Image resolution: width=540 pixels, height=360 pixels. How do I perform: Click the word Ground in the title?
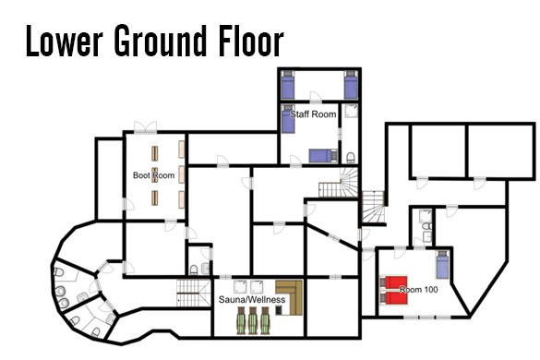(x=160, y=41)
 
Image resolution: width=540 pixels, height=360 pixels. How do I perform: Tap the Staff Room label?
(x=313, y=114)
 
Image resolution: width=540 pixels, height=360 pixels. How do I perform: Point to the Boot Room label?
(x=153, y=175)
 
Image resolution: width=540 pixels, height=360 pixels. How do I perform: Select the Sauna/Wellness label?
(x=252, y=300)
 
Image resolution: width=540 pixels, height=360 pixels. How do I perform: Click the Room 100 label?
(x=419, y=289)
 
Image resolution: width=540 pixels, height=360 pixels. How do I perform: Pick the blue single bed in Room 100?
(x=443, y=265)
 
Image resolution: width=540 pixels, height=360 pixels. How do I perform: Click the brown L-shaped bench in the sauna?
(x=290, y=297)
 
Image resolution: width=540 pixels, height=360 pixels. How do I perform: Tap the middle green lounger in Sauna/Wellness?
(x=253, y=320)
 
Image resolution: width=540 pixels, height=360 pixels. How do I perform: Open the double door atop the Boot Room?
(x=145, y=127)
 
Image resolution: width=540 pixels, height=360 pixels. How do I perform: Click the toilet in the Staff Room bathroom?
(x=350, y=158)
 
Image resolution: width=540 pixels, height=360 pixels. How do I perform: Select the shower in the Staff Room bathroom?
(x=351, y=111)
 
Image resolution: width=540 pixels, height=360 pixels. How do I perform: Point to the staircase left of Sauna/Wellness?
(x=194, y=294)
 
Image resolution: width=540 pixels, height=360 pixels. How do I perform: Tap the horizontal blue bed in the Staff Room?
(x=323, y=156)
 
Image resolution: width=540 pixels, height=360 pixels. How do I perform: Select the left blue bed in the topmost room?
(x=288, y=85)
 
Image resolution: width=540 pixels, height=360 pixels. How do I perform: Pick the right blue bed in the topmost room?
(x=351, y=85)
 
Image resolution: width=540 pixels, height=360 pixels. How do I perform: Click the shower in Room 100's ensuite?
(x=426, y=216)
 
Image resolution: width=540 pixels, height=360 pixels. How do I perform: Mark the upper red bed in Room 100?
(x=394, y=282)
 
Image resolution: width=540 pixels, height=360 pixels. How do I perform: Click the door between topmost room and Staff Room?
(x=316, y=98)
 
